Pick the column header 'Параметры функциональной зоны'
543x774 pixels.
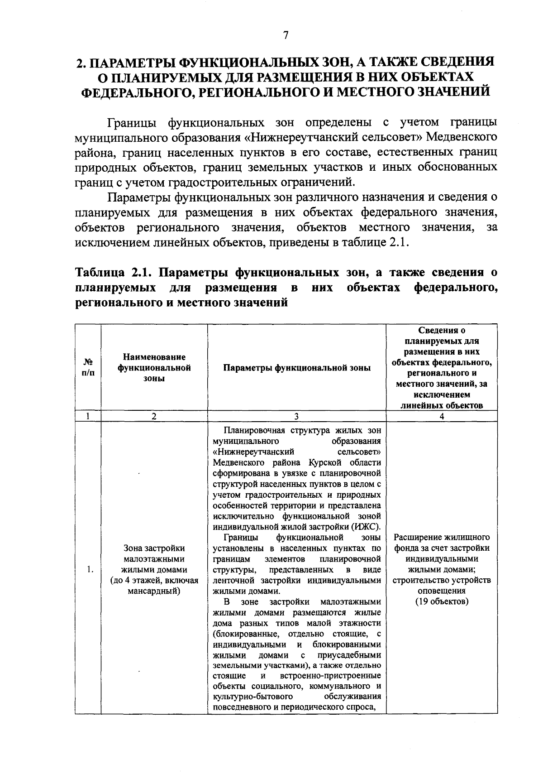click(296, 368)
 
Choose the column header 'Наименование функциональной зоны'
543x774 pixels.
click(154, 367)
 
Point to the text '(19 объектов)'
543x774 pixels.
click(442, 601)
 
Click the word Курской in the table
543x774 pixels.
click(327, 462)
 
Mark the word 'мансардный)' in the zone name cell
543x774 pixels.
click(154, 591)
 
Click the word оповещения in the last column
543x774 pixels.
click(442, 591)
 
